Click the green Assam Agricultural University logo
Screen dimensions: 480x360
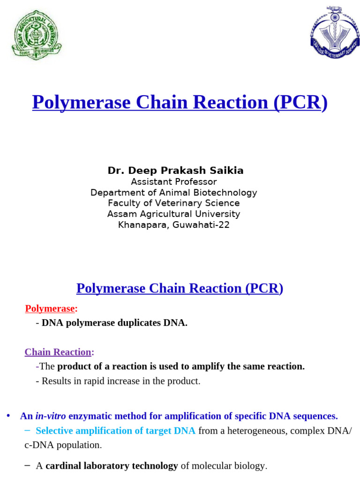pos(36,35)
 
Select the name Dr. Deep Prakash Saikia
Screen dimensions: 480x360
pos(175,171)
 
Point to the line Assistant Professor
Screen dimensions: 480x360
pos(173,181)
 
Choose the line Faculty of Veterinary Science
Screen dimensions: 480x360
pos(173,203)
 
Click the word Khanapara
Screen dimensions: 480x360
pos(140,225)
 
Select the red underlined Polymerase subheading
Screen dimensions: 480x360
pos(50,308)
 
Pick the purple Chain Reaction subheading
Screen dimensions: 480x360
pos(58,352)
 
